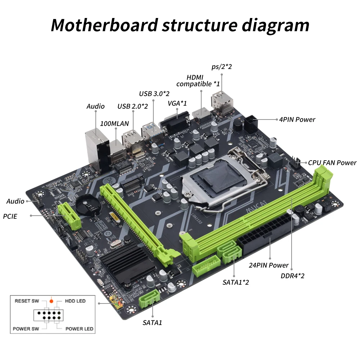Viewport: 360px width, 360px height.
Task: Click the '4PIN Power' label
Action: [x=297, y=120]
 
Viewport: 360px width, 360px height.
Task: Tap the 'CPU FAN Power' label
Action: [x=332, y=163]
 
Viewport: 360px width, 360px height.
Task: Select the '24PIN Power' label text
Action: [x=269, y=265]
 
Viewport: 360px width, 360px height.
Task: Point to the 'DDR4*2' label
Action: [x=293, y=276]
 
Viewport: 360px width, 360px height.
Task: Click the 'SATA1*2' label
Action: [x=235, y=282]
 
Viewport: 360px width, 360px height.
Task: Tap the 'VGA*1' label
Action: [x=177, y=103]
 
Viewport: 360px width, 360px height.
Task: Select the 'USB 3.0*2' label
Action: [x=154, y=94]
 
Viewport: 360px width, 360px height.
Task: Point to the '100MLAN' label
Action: [x=114, y=123]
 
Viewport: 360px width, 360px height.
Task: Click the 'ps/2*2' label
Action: [x=222, y=67]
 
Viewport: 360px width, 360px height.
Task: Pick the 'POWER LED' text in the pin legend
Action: [x=79, y=329]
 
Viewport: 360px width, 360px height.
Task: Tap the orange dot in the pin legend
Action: [x=51, y=301]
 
